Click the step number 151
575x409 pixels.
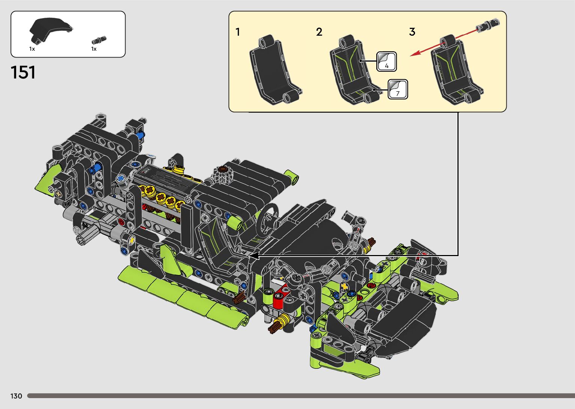coord(23,72)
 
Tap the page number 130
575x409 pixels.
coord(16,396)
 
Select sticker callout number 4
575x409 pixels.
coord(386,62)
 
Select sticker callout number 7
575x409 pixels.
coord(398,89)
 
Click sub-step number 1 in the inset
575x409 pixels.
coord(238,32)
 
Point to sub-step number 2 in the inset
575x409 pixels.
coord(319,32)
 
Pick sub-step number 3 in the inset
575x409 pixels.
coord(412,32)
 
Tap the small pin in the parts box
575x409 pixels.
coord(99,40)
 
